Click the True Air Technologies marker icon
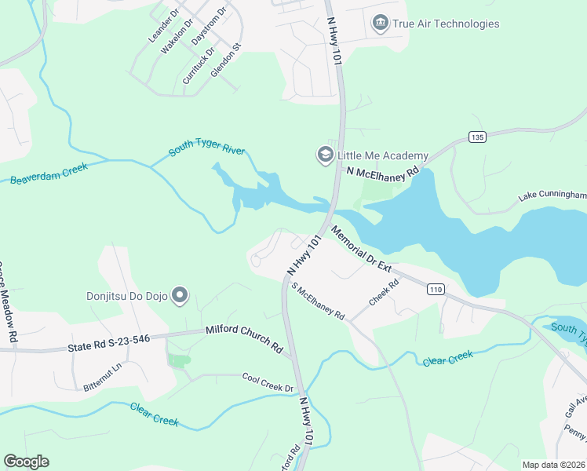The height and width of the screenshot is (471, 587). pos(381,24)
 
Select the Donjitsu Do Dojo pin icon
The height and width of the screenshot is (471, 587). pos(180,296)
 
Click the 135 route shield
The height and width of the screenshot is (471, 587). pos(476,137)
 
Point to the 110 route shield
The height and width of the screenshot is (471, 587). pos(436,290)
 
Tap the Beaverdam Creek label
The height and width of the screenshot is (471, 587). pos(49,173)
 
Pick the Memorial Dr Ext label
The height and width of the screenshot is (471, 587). pos(360,249)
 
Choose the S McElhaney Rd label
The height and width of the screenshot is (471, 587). pos(318,301)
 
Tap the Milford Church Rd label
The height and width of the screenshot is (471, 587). pos(243,338)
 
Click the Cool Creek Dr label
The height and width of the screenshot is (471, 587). pos(267,382)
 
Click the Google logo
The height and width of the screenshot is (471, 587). pos(26,462)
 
